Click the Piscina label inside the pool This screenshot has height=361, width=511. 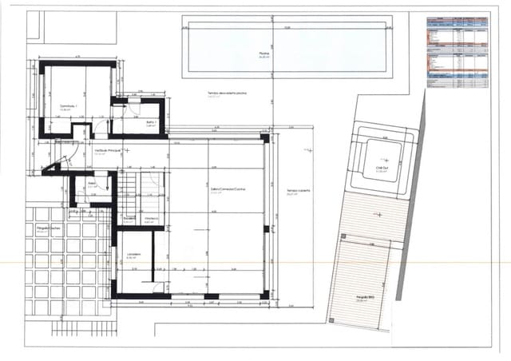pos(264,54)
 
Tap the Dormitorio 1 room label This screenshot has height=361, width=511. pos(67,105)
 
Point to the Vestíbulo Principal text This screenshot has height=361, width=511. pos(109,150)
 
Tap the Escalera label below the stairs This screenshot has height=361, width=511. pos(129,218)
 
